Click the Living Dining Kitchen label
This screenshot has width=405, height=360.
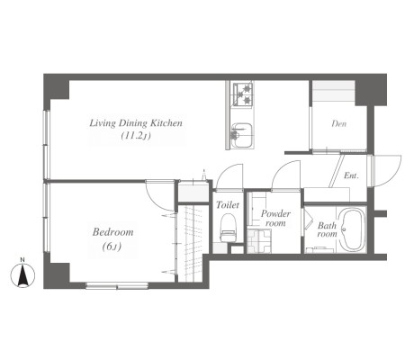click(x=136, y=123)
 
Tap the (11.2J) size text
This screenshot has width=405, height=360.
click(x=136, y=136)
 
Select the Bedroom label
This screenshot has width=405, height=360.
click(x=112, y=232)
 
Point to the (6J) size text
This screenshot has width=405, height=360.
click(x=112, y=247)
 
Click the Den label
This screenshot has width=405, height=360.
click(x=338, y=123)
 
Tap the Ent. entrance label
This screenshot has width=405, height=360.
click(x=351, y=175)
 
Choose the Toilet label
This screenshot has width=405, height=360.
click(x=228, y=205)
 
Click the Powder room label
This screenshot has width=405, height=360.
click(x=275, y=218)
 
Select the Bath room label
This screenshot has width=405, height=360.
click(x=327, y=229)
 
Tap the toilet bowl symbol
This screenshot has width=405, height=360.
click(x=229, y=227)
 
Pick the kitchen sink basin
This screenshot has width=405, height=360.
click(x=241, y=135)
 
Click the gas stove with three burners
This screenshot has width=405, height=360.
click(x=243, y=94)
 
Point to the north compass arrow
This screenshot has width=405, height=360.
click(x=22, y=275)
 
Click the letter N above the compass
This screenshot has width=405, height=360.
click(x=22, y=260)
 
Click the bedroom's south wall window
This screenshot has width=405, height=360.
click(x=117, y=285)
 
